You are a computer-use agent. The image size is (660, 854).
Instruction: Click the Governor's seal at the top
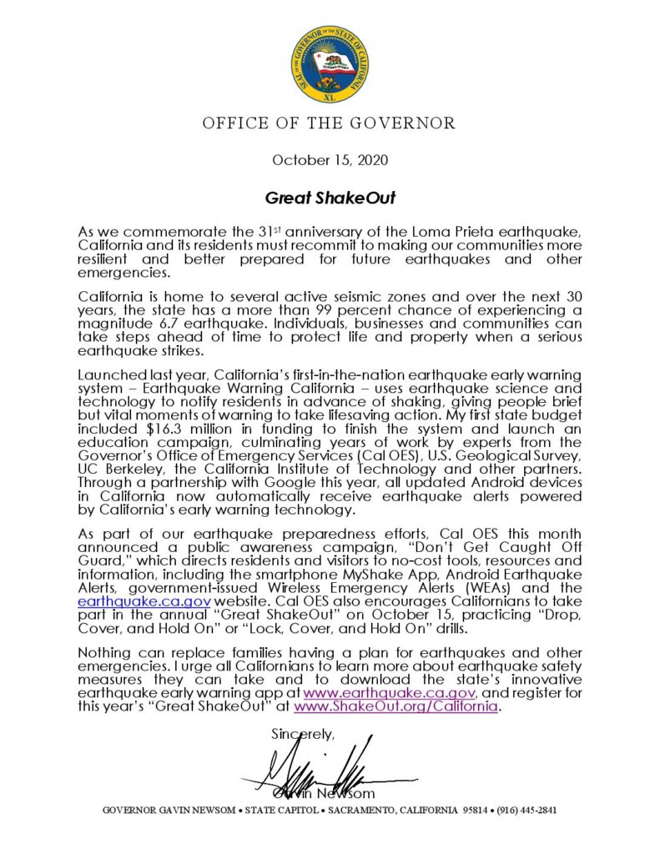[330, 63]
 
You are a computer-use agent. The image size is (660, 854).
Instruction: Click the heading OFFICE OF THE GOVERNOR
[330, 124]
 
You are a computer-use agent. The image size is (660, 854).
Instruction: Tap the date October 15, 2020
[330, 159]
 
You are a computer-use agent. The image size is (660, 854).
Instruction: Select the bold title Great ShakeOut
[330, 198]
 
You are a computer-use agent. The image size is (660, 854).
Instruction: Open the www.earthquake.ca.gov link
[390, 692]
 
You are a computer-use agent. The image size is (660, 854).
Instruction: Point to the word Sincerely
[302, 734]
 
